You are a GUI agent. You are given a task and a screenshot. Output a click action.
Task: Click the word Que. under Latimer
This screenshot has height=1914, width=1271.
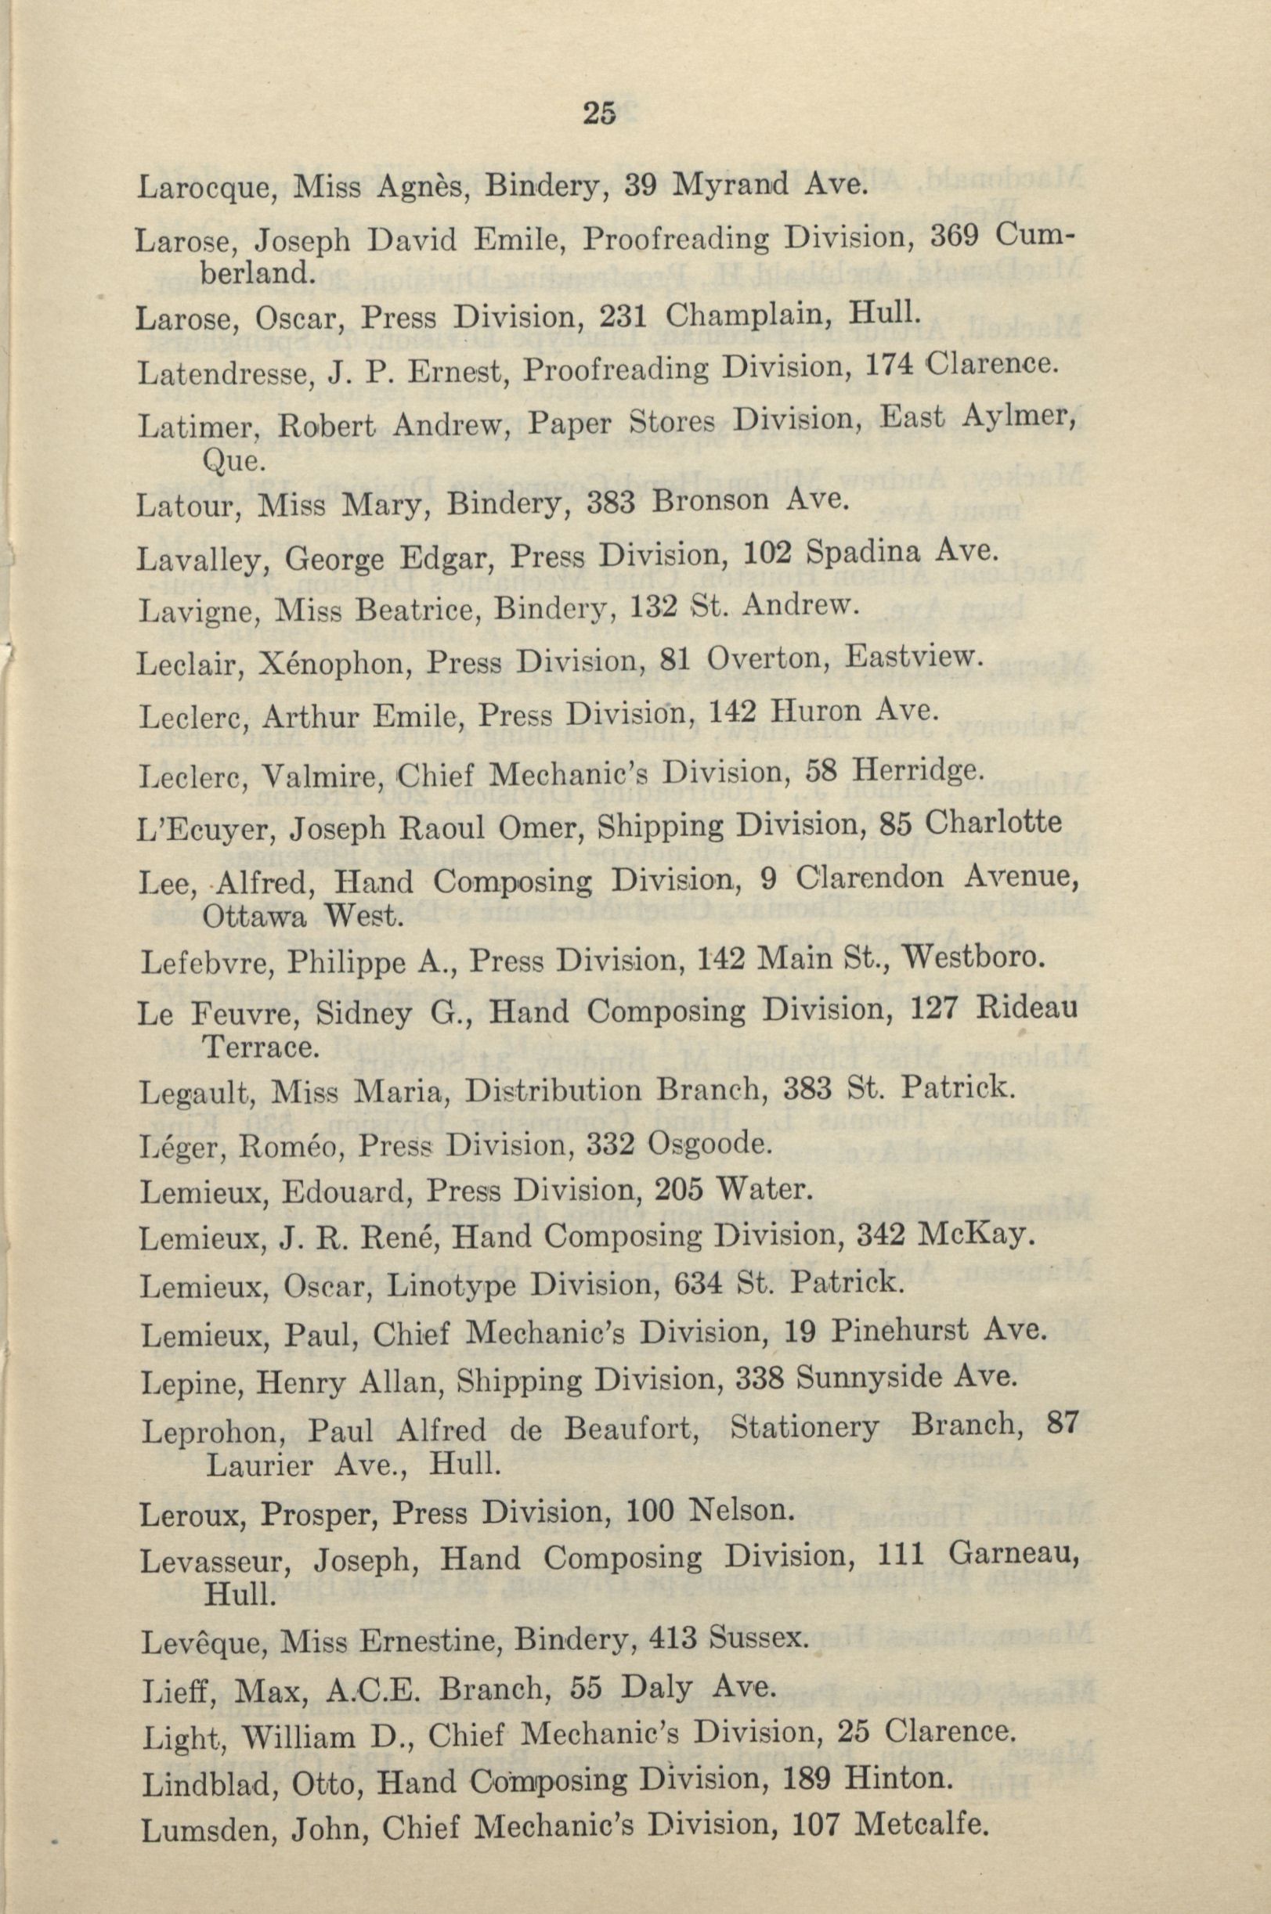tap(234, 463)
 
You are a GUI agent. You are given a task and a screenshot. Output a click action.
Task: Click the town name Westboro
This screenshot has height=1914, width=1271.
tap(970, 960)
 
